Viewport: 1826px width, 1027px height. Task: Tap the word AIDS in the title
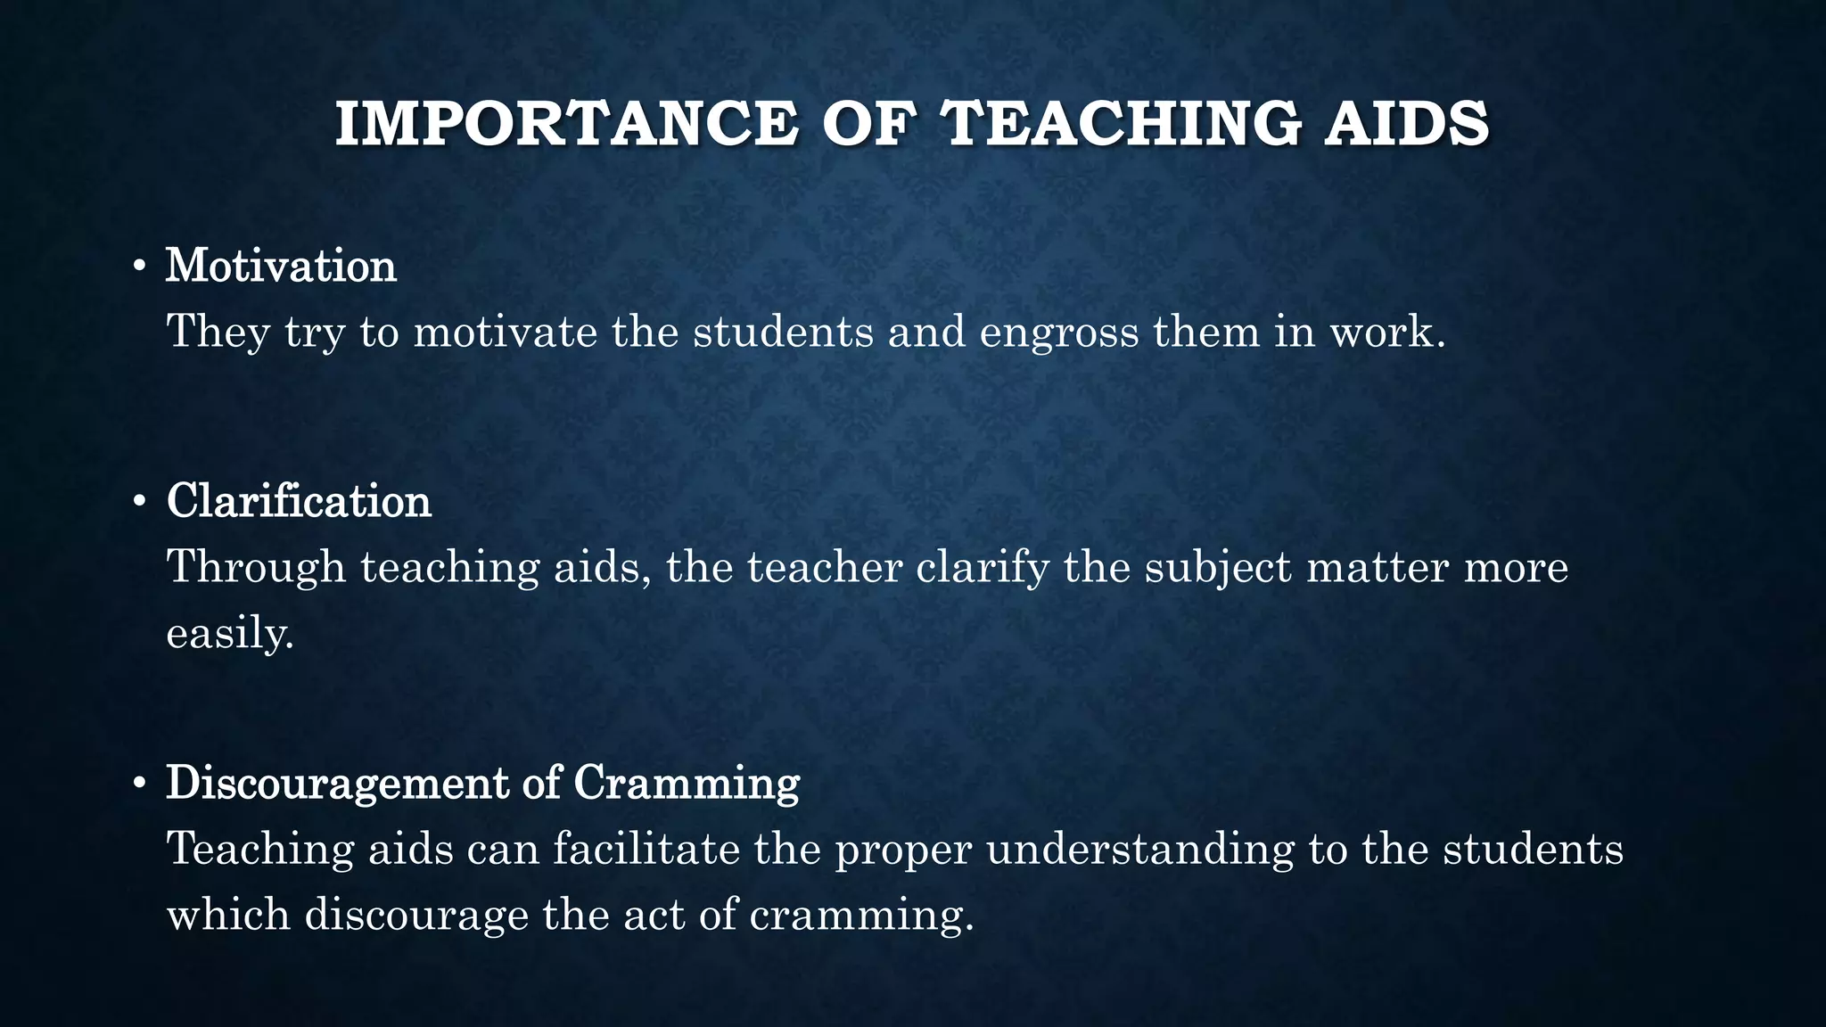(x=1406, y=124)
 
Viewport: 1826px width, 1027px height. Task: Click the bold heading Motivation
(x=281, y=266)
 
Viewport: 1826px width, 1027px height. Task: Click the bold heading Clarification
(x=299, y=501)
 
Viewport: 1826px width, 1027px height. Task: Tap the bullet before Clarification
(x=138, y=503)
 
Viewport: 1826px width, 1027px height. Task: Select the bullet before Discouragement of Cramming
(x=138, y=785)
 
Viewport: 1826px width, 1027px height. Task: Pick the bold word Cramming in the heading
(x=686, y=783)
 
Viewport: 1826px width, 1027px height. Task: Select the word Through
(x=256, y=567)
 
